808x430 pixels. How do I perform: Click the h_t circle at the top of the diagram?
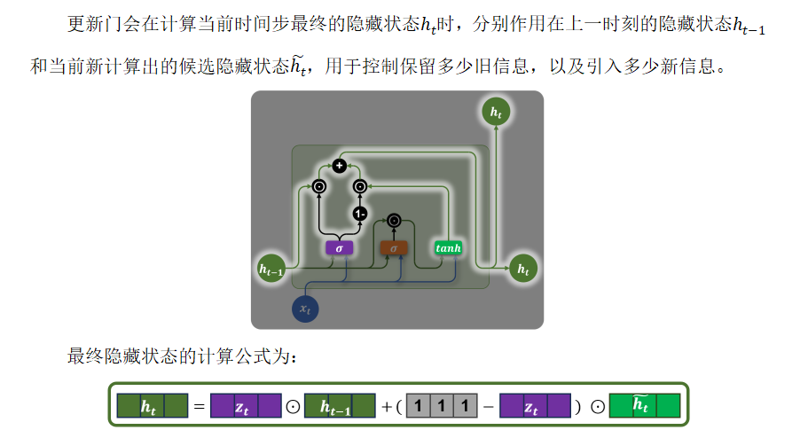[496, 113]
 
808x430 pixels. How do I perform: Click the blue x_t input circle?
[305, 309]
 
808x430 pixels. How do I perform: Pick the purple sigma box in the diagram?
[339, 248]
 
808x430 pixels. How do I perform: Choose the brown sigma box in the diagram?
[393, 248]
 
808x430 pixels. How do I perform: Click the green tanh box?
[449, 248]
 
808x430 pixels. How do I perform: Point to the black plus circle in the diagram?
[339, 165]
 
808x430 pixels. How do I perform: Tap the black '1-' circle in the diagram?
[360, 214]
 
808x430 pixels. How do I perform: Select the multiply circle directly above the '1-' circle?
[360, 186]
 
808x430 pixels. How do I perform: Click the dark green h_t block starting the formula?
[153, 406]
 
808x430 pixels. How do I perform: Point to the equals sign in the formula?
[200, 407]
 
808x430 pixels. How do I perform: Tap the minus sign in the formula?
[488, 407]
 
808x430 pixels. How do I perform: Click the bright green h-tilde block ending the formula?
[644, 406]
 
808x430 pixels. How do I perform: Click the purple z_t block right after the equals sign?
[246, 406]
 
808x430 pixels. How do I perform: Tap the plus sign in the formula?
[386, 407]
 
